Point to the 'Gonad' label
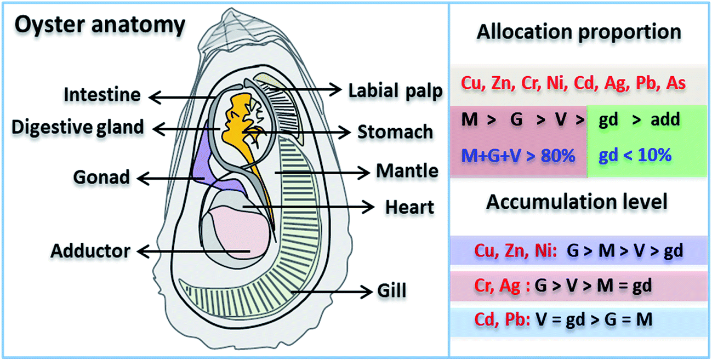tap(102, 177)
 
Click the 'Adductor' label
tap(91, 251)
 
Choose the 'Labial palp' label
tap(395, 91)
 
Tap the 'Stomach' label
tap(395, 132)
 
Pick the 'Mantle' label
tap(407, 172)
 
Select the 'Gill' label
tap(391, 290)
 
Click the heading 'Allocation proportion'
tap(579, 32)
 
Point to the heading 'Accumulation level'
tap(577, 202)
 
